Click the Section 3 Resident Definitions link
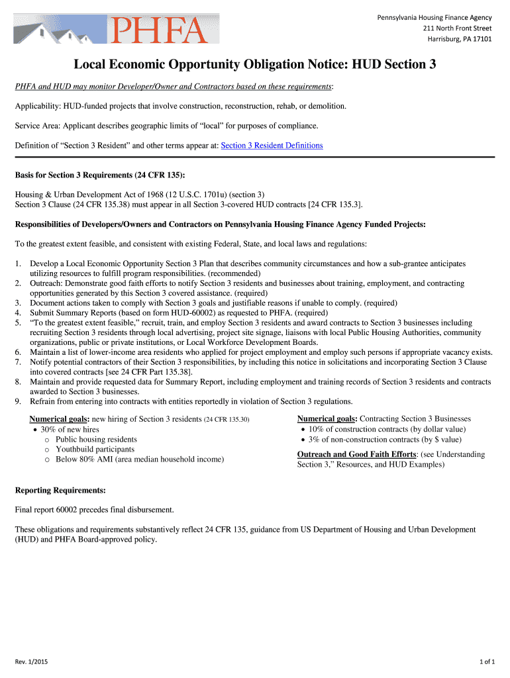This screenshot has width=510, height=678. (272, 146)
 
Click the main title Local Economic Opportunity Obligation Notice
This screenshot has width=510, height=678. (254, 65)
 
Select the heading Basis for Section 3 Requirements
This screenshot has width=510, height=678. (100, 175)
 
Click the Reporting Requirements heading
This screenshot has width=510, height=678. (60, 491)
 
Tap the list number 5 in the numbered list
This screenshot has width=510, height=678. (18, 322)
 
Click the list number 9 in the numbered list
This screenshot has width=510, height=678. (18, 401)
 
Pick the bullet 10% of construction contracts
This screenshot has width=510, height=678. (386, 429)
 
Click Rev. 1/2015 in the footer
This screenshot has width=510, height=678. (31, 661)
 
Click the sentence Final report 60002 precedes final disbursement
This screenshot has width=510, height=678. (94, 510)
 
